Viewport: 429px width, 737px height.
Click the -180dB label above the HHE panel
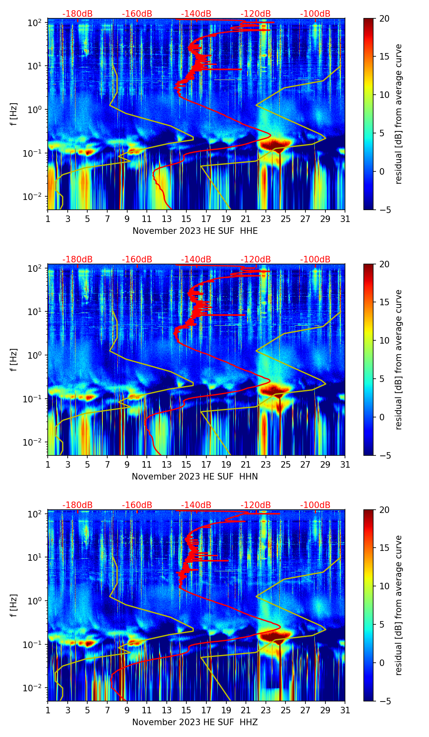[x=77, y=14]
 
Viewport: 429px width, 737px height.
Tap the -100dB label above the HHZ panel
[x=315, y=505]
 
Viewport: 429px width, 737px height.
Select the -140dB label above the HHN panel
[x=196, y=260]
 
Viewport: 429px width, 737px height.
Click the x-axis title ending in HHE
[x=195, y=231]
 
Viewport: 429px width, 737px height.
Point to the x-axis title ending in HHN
[x=195, y=477]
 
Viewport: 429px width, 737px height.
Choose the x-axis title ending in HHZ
[x=195, y=722]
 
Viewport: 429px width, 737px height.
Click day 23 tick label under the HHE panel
[x=266, y=219]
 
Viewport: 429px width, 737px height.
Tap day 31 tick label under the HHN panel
[x=345, y=464]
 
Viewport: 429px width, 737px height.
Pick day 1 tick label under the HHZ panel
[x=48, y=710]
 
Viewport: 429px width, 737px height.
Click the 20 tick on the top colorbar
[x=384, y=18]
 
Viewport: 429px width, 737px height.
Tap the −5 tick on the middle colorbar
[x=384, y=455]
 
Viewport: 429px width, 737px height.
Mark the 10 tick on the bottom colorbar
[x=384, y=586]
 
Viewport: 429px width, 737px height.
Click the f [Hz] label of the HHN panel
[x=14, y=360]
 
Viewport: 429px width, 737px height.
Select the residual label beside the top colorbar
[x=398, y=114]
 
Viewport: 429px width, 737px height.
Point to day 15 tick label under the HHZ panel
[x=186, y=710]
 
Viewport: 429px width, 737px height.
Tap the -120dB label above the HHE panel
[x=256, y=14]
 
